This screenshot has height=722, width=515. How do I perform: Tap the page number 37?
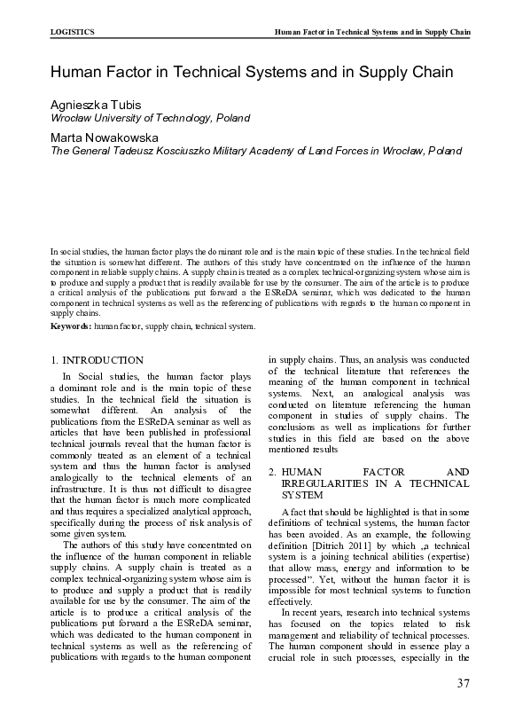click(462, 683)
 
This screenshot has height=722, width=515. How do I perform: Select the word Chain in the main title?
click(430, 72)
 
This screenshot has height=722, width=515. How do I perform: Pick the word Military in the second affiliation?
click(269, 152)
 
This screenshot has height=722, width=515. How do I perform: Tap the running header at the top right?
click(372, 32)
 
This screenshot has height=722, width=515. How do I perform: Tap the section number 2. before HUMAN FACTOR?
click(273, 471)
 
